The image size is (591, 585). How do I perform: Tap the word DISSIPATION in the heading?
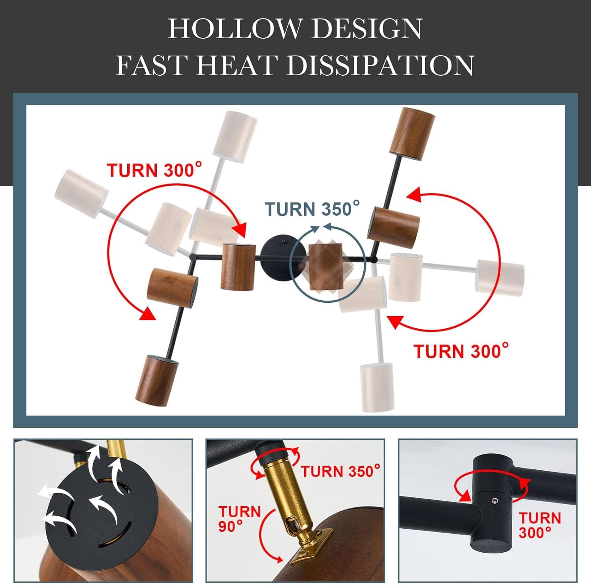click(380, 65)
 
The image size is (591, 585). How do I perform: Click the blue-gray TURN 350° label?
click(312, 209)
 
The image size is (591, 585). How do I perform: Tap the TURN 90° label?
click(240, 518)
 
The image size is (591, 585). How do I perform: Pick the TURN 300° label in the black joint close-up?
click(539, 525)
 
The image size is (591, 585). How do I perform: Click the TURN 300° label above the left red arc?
click(154, 170)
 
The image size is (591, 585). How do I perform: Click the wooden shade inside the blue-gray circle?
click(323, 267)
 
